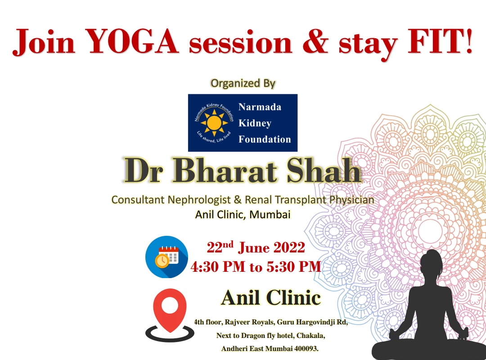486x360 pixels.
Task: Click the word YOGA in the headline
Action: click(x=131, y=41)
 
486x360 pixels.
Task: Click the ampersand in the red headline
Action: click(x=315, y=41)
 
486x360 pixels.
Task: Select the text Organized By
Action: click(x=243, y=83)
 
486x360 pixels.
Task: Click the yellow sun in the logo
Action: click(x=214, y=123)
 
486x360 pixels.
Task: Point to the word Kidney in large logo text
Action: click(x=255, y=123)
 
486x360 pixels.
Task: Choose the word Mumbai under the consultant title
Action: click(x=270, y=214)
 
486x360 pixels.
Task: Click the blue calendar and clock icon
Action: click(x=167, y=257)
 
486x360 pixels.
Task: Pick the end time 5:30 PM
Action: click(x=294, y=267)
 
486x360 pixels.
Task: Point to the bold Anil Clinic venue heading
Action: click(x=271, y=297)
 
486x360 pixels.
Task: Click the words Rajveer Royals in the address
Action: click(x=249, y=322)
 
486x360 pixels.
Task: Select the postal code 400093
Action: click(x=306, y=349)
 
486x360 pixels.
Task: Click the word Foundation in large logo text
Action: click(x=265, y=139)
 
